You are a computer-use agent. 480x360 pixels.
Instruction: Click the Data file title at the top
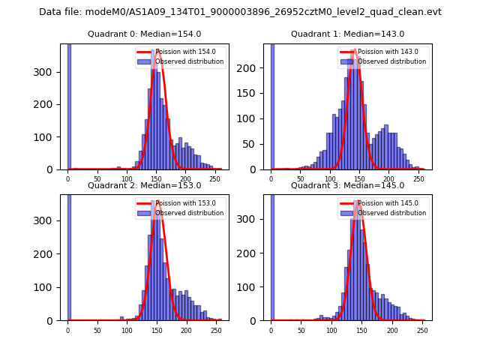240,12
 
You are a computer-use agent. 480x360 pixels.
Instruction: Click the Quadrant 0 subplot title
144,34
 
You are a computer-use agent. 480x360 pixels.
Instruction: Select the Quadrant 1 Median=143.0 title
347,34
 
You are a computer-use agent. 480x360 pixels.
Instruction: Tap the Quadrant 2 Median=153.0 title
144,185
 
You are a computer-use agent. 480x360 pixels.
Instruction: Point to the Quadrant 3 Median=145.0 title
347,185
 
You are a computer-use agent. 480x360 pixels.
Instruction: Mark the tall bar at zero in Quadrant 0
68,105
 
